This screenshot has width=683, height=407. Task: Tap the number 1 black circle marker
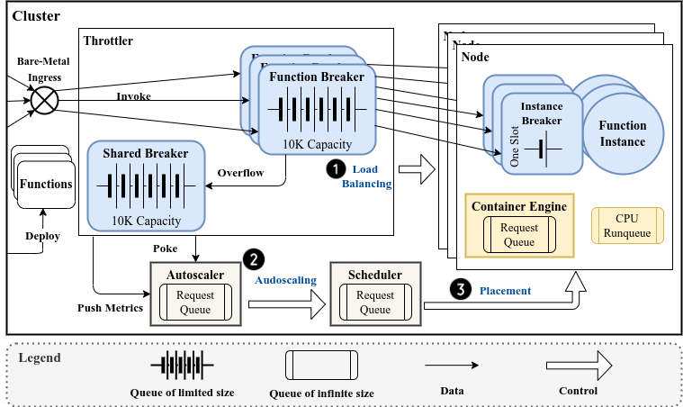[x=335, y=168]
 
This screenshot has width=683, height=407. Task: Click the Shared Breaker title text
[x=145, y=153]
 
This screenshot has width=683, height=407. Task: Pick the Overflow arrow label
[x=241, y=173]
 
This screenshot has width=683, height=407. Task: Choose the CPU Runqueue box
[x=626, y=225]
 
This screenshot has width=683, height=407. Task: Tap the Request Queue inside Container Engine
[x=518, y=234]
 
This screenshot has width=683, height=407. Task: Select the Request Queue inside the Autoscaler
[x=195, y=303]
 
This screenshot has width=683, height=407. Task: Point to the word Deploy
[x=42, y=236]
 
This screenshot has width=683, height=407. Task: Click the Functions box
[x=45, y=185]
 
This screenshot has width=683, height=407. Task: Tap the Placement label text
[x=504, y=291]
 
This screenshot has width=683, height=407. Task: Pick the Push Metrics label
[x=112, y=308]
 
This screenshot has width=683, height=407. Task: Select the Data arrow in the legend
[x=452, y=365]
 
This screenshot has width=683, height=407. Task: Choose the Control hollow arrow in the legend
[x=579, y=364]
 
